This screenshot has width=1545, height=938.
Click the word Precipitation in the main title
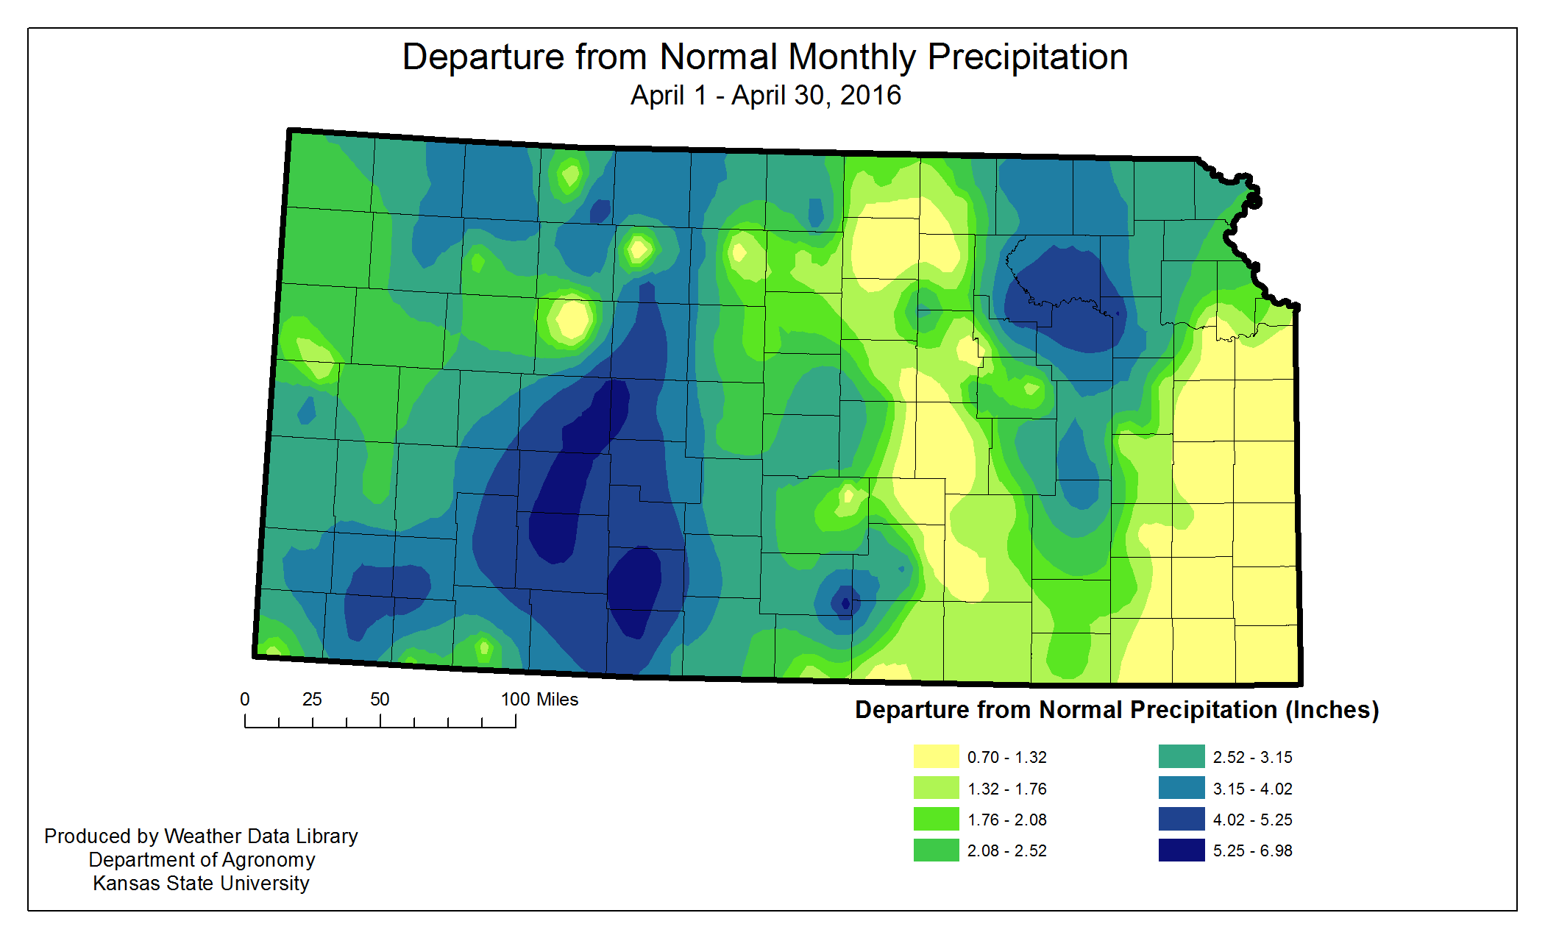pyautogui.click(x=1027, y=57)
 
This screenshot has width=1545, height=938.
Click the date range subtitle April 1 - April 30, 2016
pyautogui.click(x=765, y=96)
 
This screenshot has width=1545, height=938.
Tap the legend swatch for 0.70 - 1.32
pyautogui.click(x=936, y=756)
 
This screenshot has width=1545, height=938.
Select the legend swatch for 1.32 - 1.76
pyautogui.click(x=936, y=788)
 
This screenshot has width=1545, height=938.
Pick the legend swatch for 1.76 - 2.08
pyautogui.click(x=936, y=819)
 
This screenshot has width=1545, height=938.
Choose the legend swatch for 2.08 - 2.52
pyautogui.click(x=936, y=850)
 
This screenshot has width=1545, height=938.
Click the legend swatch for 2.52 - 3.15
pyautogui.click(x=1181, y=756)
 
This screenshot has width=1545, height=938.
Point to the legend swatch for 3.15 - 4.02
pyautogui.click(x=1181, y=788)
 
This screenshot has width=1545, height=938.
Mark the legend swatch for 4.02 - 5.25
pyautogui.click(x=1181, y=819)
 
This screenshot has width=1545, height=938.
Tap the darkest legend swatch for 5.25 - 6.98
pyautogui.click(x=1181, y=850)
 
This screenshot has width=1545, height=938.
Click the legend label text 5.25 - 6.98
pyautogui.click(x=1252, y=850)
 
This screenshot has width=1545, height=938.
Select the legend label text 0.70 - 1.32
pyautogui.click(x=1006, y=757)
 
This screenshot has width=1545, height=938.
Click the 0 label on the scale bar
pyautogui.click(x=245, y=700)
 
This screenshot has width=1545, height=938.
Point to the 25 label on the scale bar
pyautogui.click(x=312, y=700)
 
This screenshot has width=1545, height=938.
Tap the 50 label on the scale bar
pyautogui.click(x=380, y=700)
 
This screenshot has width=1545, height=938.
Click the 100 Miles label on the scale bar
pyautogui.click(x=539, y=700)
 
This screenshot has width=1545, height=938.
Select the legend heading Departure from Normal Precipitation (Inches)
pyautogui.click(x=1116, y=710)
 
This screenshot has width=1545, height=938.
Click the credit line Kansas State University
pyautogui.click(x=201, y=883)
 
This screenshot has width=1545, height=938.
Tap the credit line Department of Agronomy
pyautogui.click(x=202, y=859)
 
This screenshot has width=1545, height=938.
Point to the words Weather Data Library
pyautogui.click(x=260, y=836)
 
